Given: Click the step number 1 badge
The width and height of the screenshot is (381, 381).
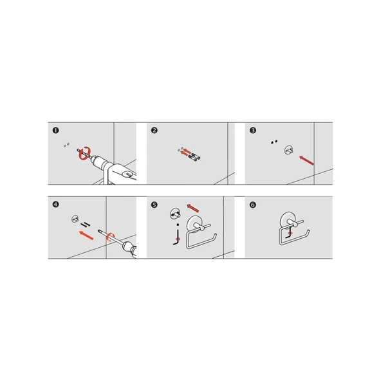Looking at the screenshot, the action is pyautogui.click(x=55, y=131).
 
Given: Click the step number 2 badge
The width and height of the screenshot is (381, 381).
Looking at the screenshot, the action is pyautogui.click(x=154, y=131).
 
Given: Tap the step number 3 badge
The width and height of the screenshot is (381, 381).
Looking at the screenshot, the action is pyautogui.click(x=253, y=131).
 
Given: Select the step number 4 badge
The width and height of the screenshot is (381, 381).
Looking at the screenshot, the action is pyautogui.click(x=55, y=205).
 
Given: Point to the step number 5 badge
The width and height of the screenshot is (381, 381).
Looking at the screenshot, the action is pyautogui.click(x=154, y=205).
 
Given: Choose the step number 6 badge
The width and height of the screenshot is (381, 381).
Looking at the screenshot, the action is pyautogui.click(x=253, y=205).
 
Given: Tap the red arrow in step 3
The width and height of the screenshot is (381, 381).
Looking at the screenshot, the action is pyautogui.click(x=306, y=160).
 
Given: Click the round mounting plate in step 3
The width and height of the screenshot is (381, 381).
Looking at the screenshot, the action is pyautogui.click(x=289, y=150).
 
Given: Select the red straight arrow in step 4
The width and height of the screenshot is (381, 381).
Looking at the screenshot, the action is pyautogui.click(x=86, y=236).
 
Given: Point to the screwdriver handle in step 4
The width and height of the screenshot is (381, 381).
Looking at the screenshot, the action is pyautogui.click(x=130, y=248).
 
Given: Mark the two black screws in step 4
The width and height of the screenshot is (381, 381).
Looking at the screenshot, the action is pyautogui.click(x=86, y=225).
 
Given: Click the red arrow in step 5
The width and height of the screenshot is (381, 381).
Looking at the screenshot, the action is pyautogui.click(x=193, y=209).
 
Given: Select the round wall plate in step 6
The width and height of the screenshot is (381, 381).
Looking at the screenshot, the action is pyautogui.click(x=287, y=220).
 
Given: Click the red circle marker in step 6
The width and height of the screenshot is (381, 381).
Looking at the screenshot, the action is pyautogui.click(x=290, y=233).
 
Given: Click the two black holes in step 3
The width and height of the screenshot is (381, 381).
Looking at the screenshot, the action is pyautogui.click(x=274, y=142).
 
